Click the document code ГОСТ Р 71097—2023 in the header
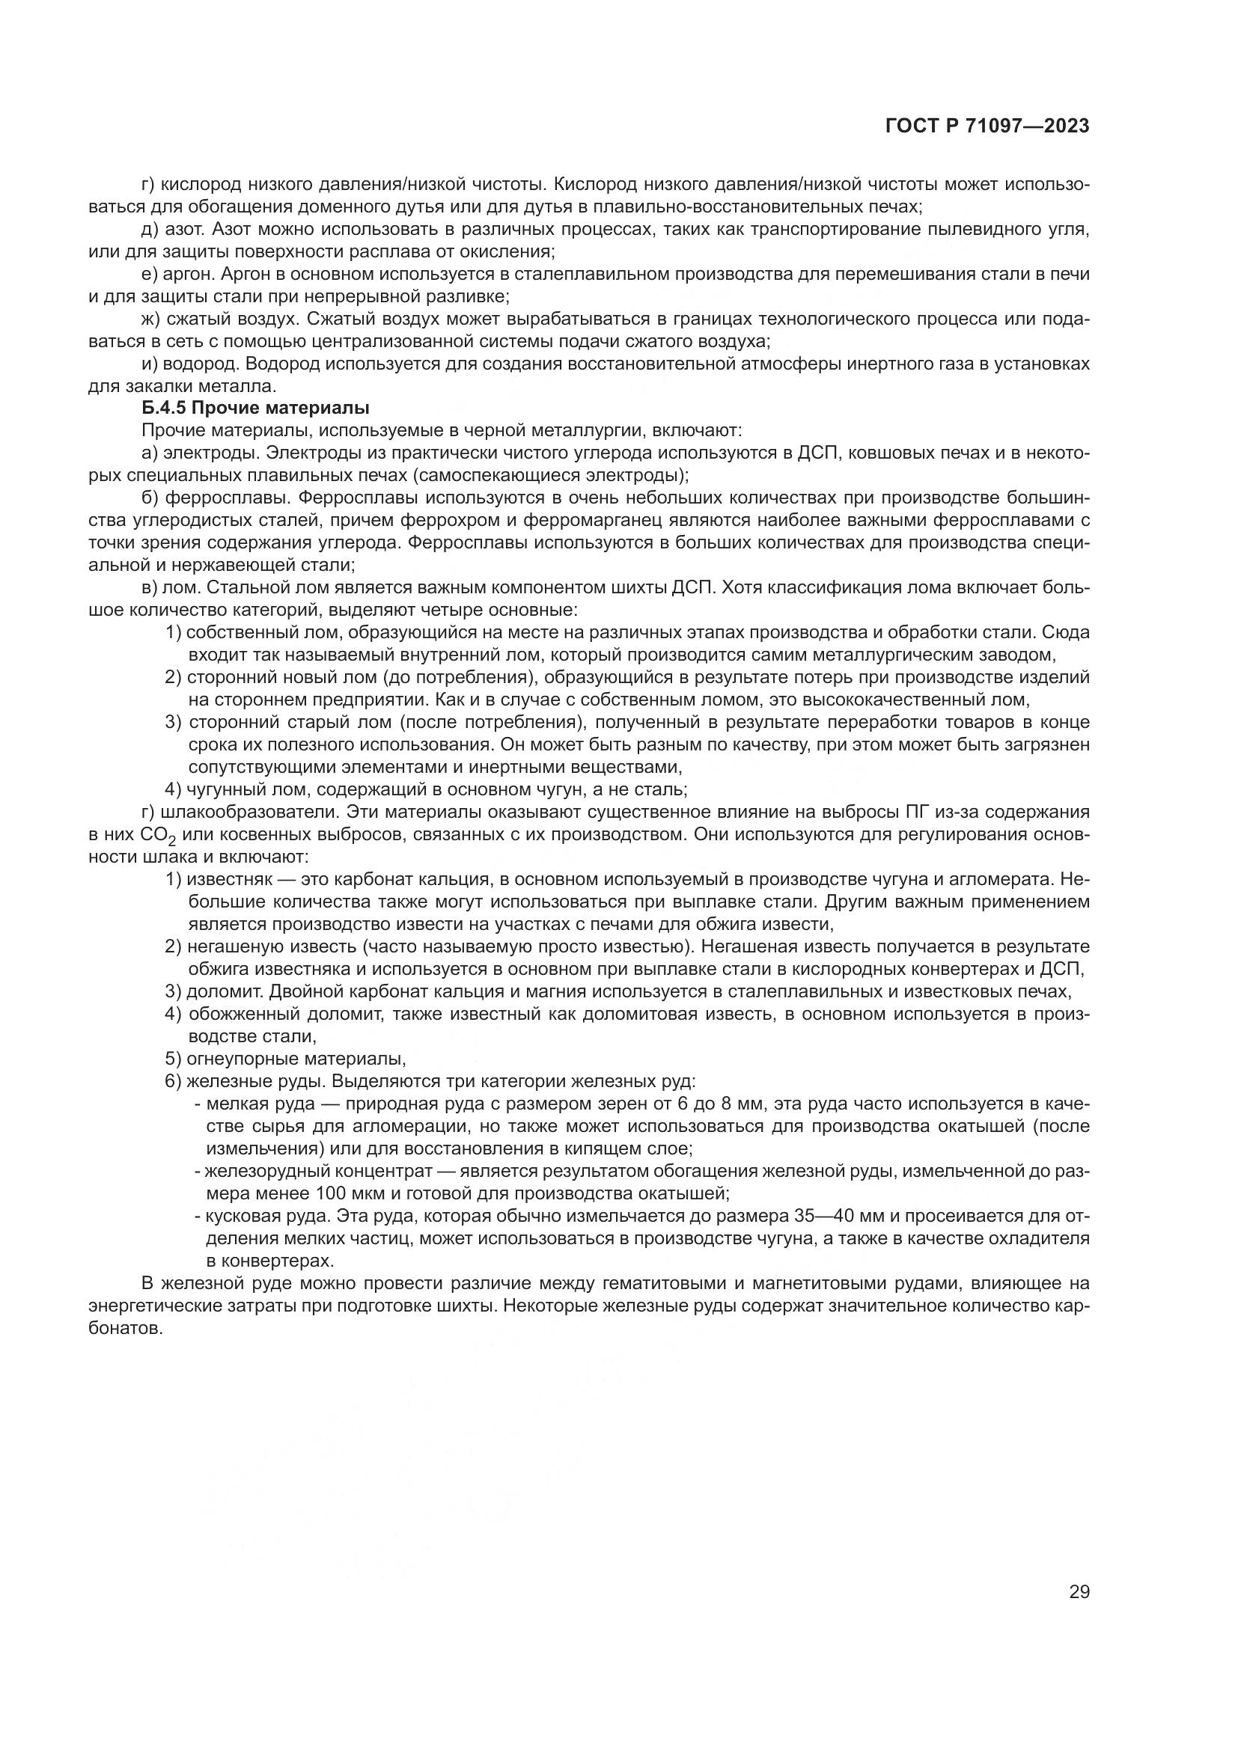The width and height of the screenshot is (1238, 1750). click(987, 126)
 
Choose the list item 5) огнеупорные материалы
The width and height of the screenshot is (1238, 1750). click(286, 1059)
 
